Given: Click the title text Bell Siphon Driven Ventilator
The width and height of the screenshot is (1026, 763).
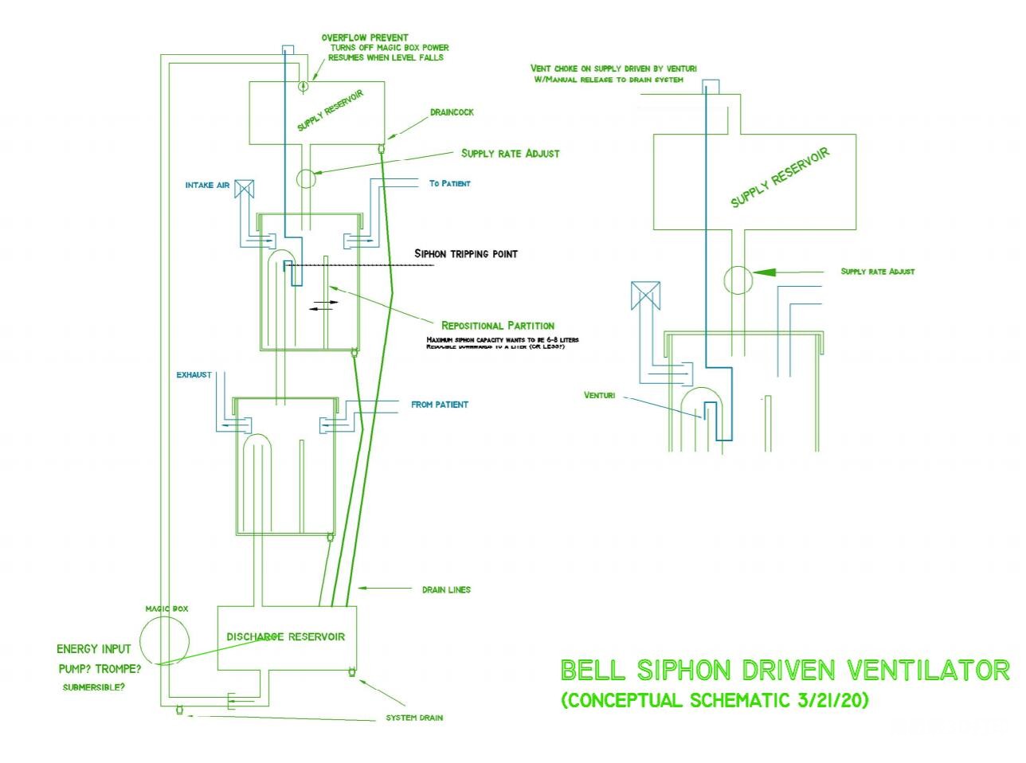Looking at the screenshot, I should (785, 670).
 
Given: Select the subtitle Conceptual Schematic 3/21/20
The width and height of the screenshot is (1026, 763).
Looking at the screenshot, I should (715, 701).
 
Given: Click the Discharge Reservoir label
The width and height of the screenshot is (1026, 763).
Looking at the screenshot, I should (285, 636).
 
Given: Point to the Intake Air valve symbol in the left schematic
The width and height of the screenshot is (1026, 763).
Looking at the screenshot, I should (245, 187).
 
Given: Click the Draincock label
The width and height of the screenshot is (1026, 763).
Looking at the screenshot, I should (452, 112).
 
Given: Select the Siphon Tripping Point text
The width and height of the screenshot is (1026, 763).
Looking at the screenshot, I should (466, 254).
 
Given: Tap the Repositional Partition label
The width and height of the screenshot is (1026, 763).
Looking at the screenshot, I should (498, 325).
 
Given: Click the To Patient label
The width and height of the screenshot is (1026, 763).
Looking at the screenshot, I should (449, 183).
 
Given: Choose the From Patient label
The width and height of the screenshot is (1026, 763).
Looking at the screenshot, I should (439, 405).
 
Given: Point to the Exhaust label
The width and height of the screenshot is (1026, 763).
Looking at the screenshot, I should (194, 374).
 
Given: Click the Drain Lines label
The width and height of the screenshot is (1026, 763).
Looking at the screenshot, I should (446, 590).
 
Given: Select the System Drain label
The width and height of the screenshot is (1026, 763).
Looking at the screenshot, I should (414, 718).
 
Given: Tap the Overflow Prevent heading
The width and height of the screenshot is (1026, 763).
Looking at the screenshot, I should (365, 37).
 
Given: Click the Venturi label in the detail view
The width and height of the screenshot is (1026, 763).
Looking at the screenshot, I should (599, 395).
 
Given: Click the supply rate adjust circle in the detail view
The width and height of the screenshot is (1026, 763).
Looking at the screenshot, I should (738, 280).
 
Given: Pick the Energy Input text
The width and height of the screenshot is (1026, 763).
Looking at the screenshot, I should (93, 649).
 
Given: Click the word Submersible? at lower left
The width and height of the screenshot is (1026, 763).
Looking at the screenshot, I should (93, 687).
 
